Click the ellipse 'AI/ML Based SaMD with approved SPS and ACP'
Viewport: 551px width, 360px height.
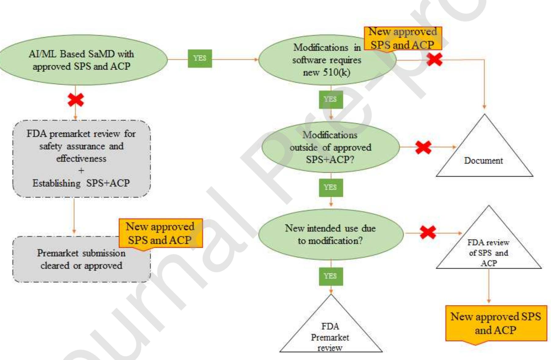click(82, 60)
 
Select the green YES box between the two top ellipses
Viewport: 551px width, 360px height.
click(200, 58)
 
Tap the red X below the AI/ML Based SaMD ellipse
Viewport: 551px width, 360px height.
click(76, 100)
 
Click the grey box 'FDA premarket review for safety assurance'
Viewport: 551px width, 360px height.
click(81, 159)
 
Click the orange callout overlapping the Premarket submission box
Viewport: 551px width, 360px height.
click(160, 233)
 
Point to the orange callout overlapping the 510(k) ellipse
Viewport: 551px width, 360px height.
click(403, 38)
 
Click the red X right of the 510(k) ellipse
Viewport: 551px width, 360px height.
click(434, 59)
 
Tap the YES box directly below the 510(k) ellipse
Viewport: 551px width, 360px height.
click(331, 99)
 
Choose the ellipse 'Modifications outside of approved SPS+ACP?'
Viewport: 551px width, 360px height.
click(330, 147)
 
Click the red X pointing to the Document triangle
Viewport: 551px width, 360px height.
click(423, 147)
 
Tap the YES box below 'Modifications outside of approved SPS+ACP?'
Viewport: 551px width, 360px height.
click(331, 187)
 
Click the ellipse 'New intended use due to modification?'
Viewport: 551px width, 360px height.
click(330, 234)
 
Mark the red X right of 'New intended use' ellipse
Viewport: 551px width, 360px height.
click(428, 232)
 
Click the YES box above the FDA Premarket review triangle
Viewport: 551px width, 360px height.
click(331, 276)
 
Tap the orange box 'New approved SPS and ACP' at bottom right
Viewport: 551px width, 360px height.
click(496, 323)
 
